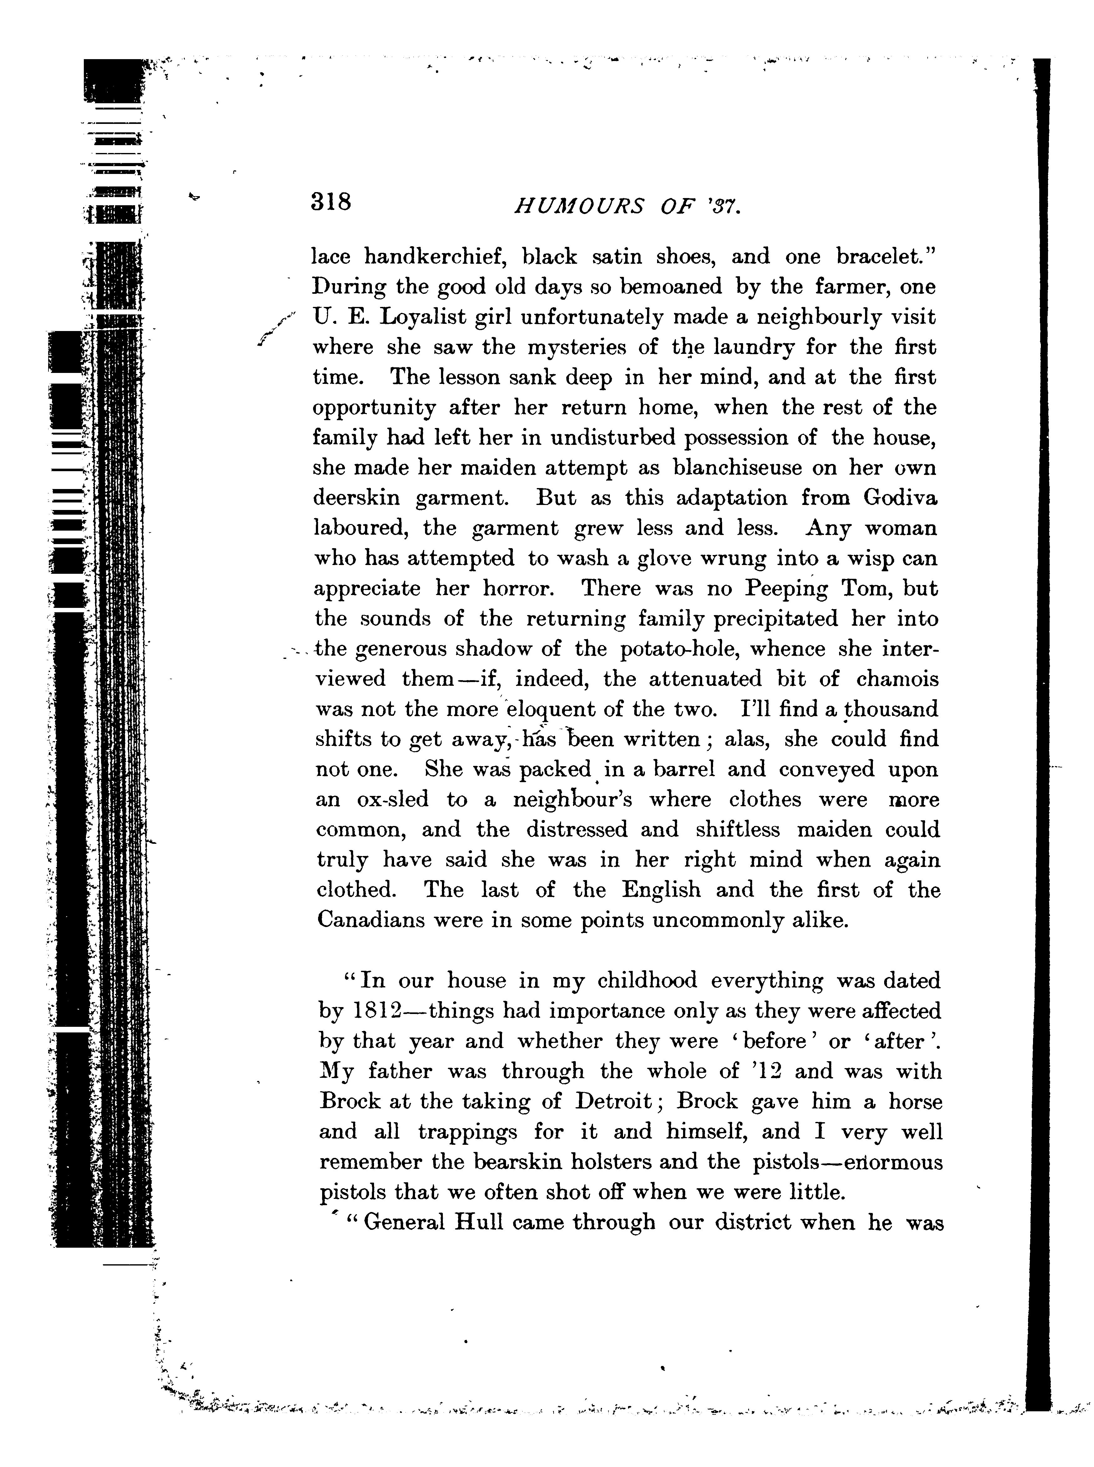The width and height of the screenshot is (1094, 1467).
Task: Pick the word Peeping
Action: pyautogui.click(x=786, y=589)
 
